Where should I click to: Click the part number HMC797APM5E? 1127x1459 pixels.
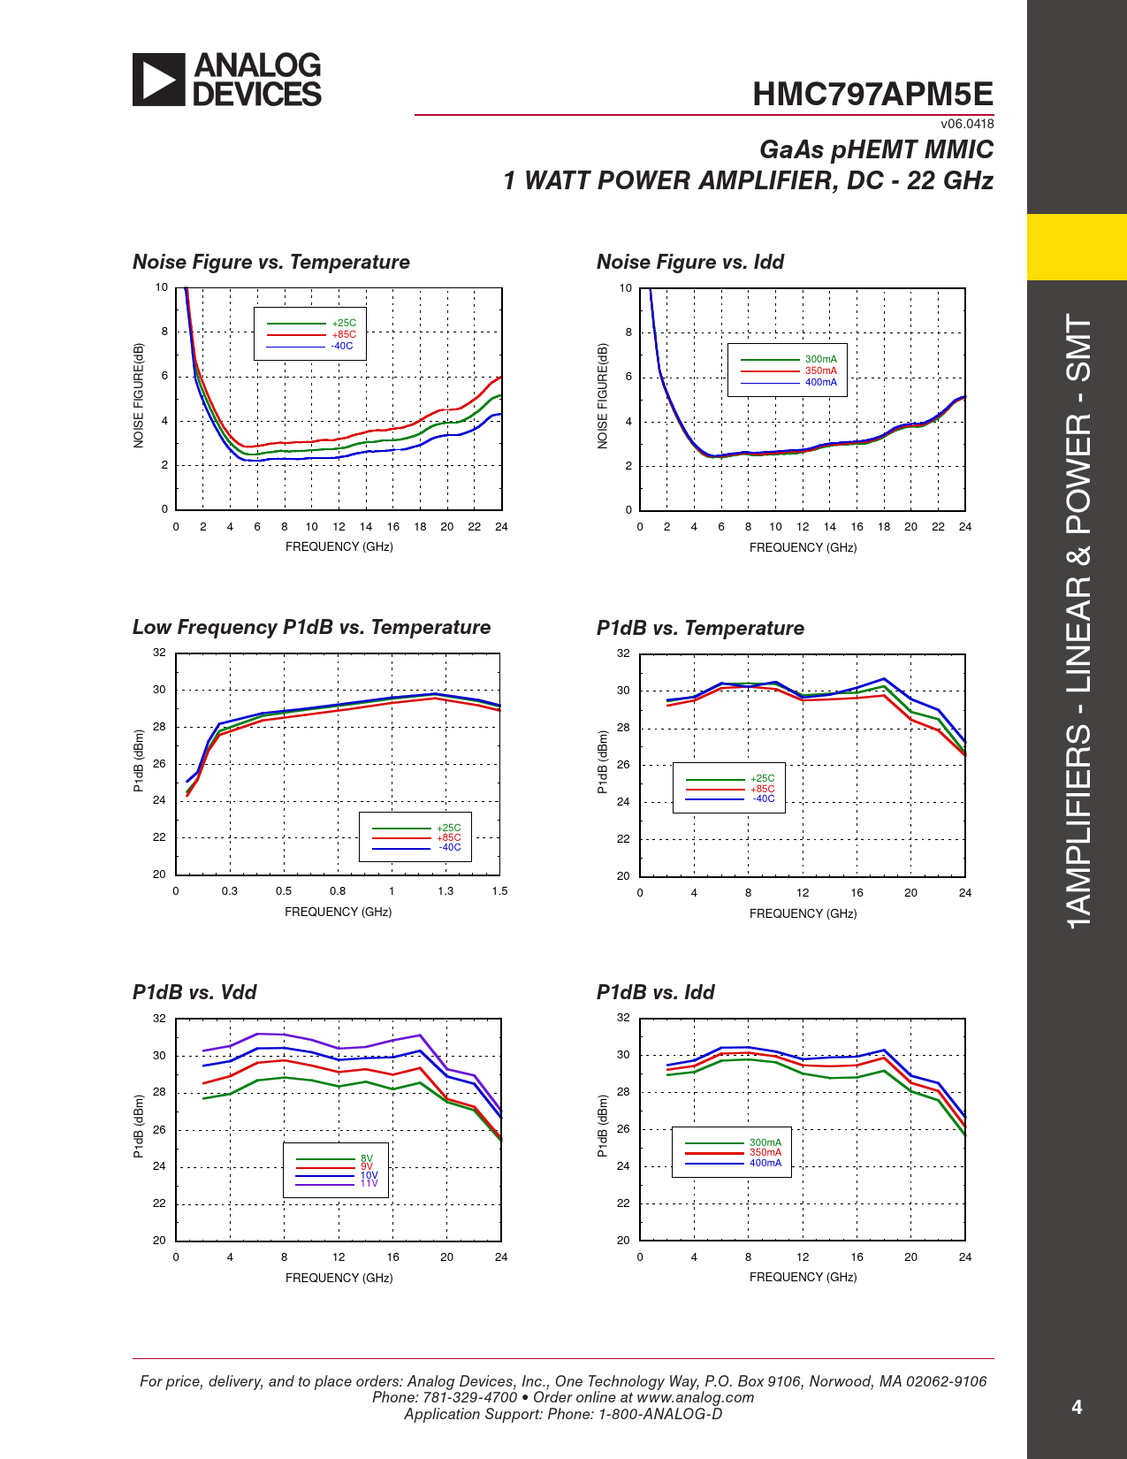click(872, 95)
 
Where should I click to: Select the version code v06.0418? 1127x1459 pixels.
click(967, 124)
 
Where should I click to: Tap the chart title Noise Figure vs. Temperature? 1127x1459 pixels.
click(271, 262)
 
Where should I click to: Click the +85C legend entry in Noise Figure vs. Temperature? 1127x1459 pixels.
click(344, 334)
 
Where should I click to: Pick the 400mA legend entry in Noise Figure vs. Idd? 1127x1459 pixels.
click(820, 382)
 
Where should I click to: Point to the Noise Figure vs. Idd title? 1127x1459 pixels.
click(690, 262)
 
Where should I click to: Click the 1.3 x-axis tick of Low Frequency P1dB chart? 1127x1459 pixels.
click(445, 891)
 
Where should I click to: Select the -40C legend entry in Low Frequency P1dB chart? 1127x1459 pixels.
click(450, 847)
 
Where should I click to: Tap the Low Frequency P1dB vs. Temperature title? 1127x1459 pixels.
click(311, 627)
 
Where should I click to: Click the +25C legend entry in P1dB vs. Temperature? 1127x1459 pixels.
click(762, 778)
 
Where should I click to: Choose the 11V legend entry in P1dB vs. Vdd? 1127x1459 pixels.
click(369, 1183)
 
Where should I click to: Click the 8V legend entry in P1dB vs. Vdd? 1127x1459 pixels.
click(367, 1158)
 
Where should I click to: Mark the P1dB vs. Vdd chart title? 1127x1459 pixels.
click(194, 992)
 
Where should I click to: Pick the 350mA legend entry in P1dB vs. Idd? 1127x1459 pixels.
click(765, 1152)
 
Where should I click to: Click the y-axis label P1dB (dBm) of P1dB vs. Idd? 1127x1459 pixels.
click(602, 1126)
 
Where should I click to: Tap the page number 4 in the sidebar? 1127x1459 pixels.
click(1077, 1407)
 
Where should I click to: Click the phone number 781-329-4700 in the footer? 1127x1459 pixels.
click(469, 1397)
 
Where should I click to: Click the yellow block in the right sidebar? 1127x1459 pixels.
click(1077, 247)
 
